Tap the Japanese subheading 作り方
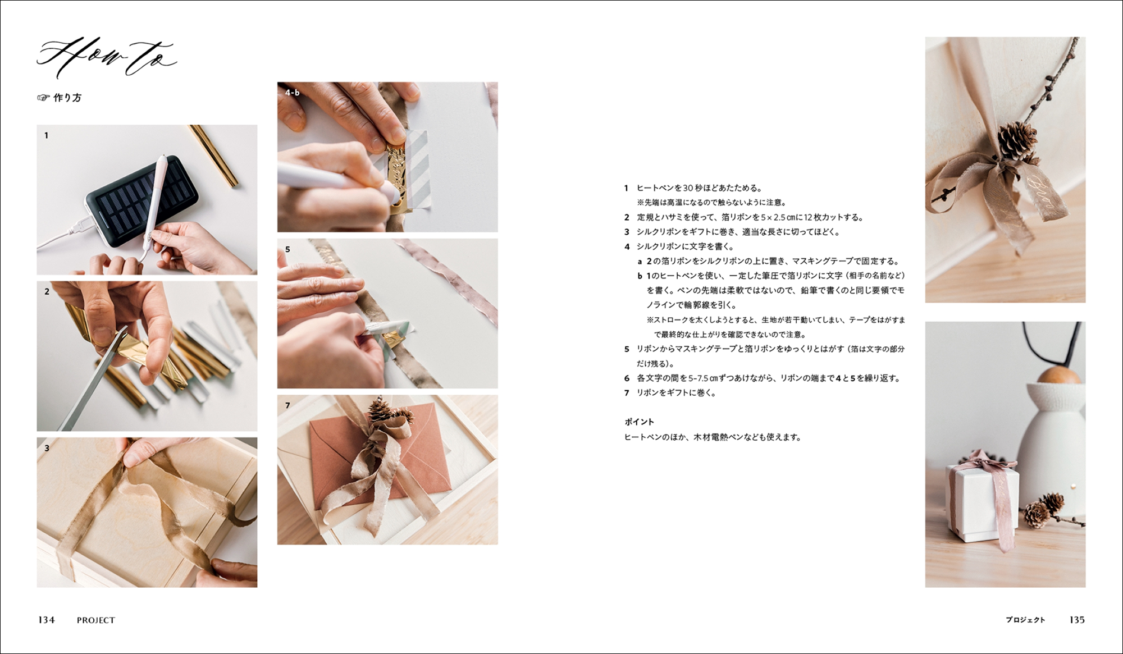coord(67,98)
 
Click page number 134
coord(46,620)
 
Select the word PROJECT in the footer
coord(96,620)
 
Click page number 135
coord(1077,620)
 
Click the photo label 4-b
coord(293,93)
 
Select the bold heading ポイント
coord(639,422)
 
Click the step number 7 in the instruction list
coord(627,393)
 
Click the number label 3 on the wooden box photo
coord(47,448)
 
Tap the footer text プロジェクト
coord(1025,620)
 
